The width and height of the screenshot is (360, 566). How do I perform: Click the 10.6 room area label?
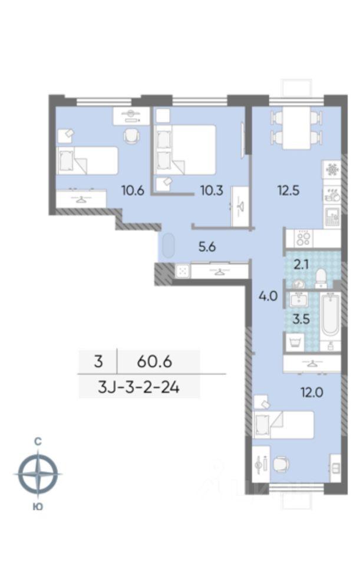click(x=133, y=190)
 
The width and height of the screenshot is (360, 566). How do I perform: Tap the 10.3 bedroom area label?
click(x=212, y=190)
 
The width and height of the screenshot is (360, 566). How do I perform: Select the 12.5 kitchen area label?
click(x=289, y=190)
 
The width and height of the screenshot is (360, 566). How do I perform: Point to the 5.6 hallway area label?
click(x=207, y=247)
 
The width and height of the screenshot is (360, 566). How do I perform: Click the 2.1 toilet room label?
click(x=300, y=265)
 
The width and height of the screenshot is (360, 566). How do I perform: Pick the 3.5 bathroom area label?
click(x=301, y=319)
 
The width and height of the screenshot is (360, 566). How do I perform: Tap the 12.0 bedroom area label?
click(x=312, y=392)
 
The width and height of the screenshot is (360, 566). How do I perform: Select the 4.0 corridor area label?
click(x=268, y=297)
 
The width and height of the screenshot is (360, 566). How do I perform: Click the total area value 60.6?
click(x=154, y=361)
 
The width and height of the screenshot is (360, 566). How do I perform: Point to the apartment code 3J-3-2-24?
click(x=138, y=388)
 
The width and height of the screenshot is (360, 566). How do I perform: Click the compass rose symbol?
click(x=38, y=473)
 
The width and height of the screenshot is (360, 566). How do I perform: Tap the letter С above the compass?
click(x=38, y=441)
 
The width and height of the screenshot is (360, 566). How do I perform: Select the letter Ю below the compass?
click(x=38, y=506)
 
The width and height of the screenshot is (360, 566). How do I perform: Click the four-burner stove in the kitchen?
click(x=303, y=238)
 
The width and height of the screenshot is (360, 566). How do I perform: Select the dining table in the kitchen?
click(x=296, y=128)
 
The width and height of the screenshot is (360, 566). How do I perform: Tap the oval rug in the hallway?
click(x=169, y=246)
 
